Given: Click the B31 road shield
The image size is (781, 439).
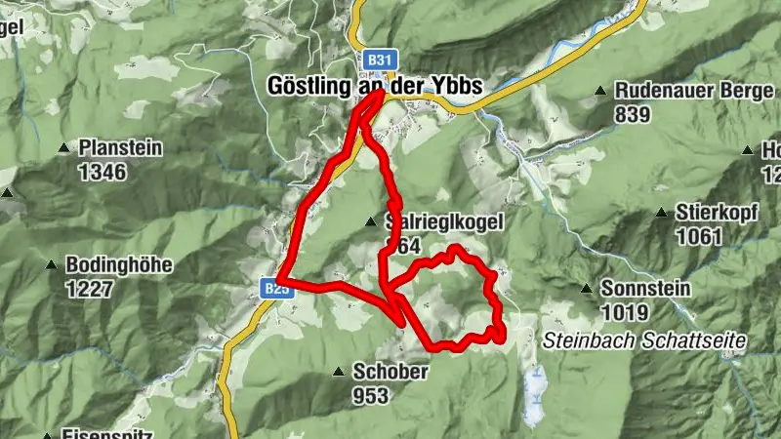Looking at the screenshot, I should [377, 60].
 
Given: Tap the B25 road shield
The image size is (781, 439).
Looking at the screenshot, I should [275, 289].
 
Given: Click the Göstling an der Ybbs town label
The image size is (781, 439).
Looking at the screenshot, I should [375, 86].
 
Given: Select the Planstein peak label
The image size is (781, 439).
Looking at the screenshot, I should [121, 149].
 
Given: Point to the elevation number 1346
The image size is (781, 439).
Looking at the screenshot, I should [103, 172].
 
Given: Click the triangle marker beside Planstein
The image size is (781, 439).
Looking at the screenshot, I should [64, 149].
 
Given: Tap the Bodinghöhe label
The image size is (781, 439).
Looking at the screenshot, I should [104, 264].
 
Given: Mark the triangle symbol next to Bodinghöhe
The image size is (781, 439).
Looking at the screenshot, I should [50, 264].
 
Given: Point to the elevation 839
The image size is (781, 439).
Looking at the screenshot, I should [633, 113].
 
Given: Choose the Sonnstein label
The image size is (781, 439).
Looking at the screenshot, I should [645, 289].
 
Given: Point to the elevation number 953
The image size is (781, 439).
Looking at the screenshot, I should [371, 395].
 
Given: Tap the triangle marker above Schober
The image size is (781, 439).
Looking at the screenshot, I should [338, 372].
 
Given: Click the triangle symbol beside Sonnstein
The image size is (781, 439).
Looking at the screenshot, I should [587, 289].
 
